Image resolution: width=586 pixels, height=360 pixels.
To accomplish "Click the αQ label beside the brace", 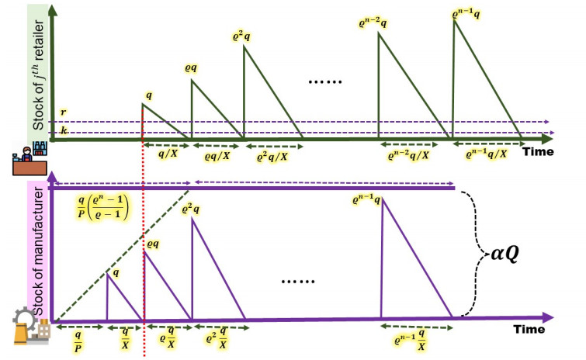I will [515, 253].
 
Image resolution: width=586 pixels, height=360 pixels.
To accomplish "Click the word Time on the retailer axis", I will [537, 151].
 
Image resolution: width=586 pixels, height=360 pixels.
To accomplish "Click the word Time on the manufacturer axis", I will [532, 330].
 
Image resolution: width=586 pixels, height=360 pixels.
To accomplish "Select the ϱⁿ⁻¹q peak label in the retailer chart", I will [467, 13].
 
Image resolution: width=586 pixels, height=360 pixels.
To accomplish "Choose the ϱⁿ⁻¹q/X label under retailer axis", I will [487, 154].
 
